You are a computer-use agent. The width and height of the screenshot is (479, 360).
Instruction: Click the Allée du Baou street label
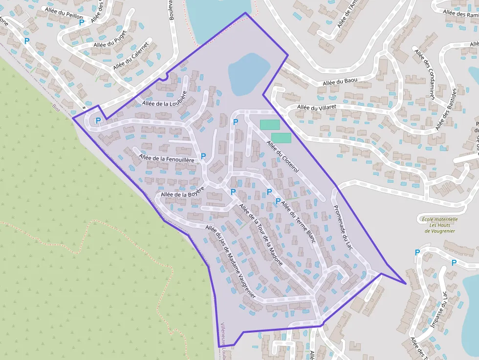tap(340, 82)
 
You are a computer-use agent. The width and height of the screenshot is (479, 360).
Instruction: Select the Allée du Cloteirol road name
tap(283, 156)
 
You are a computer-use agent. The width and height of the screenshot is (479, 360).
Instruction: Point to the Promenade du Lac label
tap(343, 227)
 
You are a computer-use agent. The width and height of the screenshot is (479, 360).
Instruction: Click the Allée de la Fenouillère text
tap(166, 158)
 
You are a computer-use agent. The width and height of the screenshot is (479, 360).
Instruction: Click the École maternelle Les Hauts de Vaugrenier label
tap(440, 225)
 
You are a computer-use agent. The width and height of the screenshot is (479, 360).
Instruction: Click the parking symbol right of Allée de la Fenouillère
tap(203, 156)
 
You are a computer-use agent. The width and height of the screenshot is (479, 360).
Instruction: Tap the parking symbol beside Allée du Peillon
tap(81, 22)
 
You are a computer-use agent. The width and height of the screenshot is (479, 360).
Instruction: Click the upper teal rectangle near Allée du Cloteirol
tap(270, 125)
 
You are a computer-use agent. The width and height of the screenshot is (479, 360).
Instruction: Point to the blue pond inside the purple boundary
tap(249, 73)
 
